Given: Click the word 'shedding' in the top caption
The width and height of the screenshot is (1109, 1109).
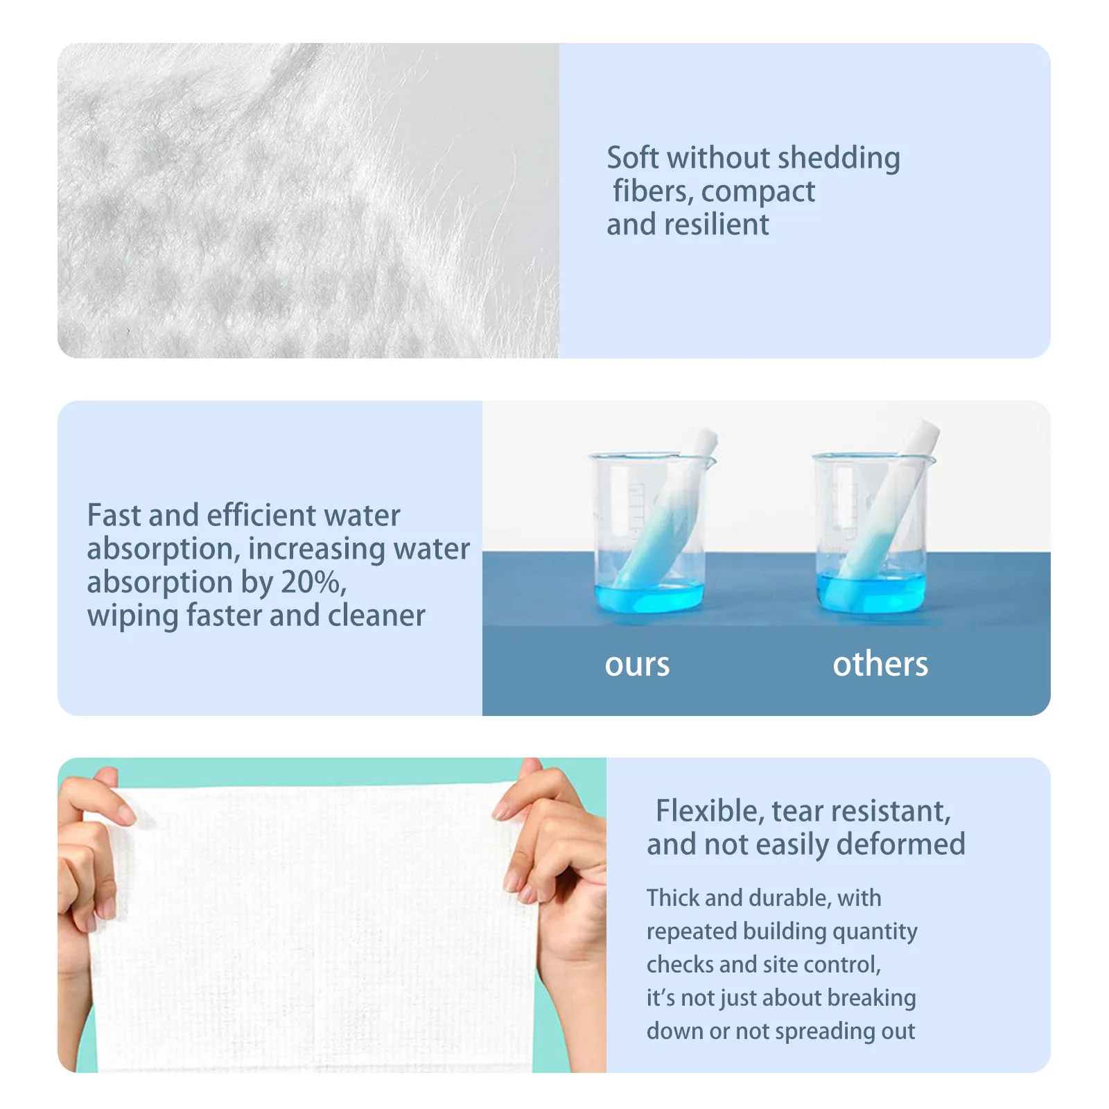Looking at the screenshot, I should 839,159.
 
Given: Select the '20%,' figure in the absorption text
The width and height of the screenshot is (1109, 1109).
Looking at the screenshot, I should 313,582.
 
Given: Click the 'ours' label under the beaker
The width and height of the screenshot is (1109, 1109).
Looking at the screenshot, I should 637,665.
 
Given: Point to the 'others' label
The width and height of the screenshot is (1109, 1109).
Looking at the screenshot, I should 880,664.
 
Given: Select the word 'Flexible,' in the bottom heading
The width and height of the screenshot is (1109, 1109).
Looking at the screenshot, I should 710,811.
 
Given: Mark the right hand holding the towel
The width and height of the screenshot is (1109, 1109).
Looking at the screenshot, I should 554,866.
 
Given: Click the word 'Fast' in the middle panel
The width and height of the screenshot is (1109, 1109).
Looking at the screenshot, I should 113,516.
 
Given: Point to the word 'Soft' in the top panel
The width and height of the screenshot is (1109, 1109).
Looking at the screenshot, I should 632,159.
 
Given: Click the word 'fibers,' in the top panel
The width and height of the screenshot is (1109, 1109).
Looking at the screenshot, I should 652,192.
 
